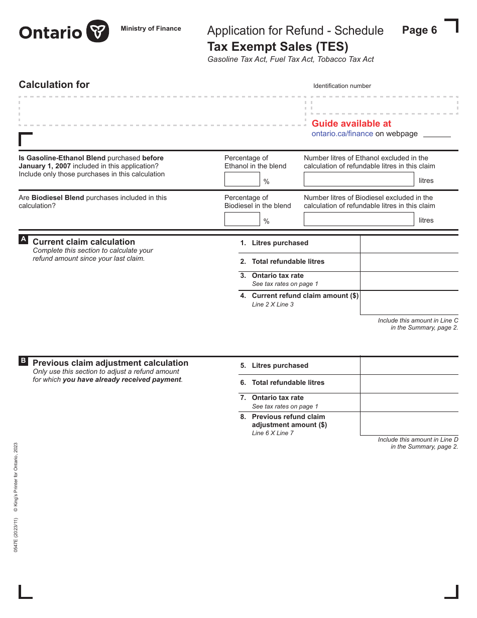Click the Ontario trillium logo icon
[97, 32]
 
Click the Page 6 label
[419, 30]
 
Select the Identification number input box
[384, 106]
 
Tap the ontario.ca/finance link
[342, 134]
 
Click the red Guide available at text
[351, 124]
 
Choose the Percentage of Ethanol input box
[242, 179]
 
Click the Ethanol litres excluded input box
[359, 179]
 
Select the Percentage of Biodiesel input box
[242, 219]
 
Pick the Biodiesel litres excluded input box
[359, 219]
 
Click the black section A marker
[23, 240]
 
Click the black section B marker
[23, 361]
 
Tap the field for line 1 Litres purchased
[409, 244]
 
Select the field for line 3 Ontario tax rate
[409, 281]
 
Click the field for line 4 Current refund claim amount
[409, 302]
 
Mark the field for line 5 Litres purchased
[409, 366]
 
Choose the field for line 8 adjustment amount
[409, 424]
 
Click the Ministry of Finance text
[151, 29]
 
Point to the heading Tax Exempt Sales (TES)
[278, 47]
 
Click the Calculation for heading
[54, 85]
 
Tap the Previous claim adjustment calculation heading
[110, 363]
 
